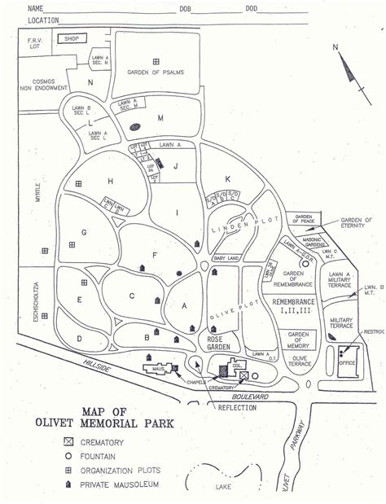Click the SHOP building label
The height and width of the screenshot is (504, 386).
click(x=71, y=37)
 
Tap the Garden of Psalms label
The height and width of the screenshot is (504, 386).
click(x=156, y=72)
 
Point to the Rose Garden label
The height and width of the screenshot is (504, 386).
click(x=220, y=342)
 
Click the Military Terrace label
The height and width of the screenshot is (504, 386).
click(x=340, y=322)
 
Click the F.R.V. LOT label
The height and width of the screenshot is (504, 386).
click(x=34, y=43)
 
